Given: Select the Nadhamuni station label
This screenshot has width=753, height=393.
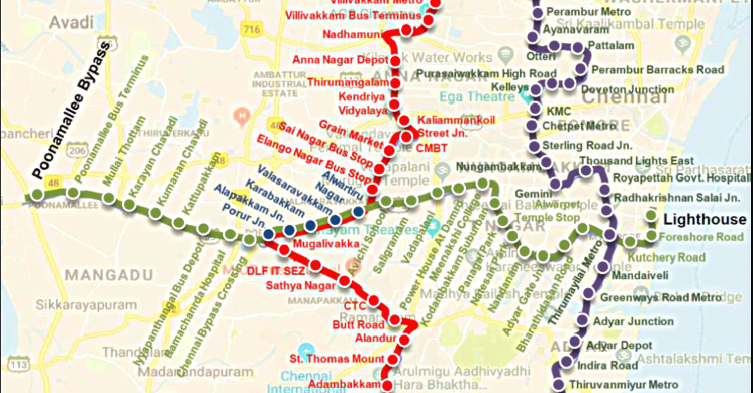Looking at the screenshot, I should click(362, 34).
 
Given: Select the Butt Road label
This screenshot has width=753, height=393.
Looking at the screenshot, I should click(359, 325).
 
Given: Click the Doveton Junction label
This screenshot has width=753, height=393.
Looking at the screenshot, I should click(627, 90).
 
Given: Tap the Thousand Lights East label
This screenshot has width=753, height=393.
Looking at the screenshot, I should click(637, 161).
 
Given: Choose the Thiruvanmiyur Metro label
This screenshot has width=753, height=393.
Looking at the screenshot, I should click(623, 384).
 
